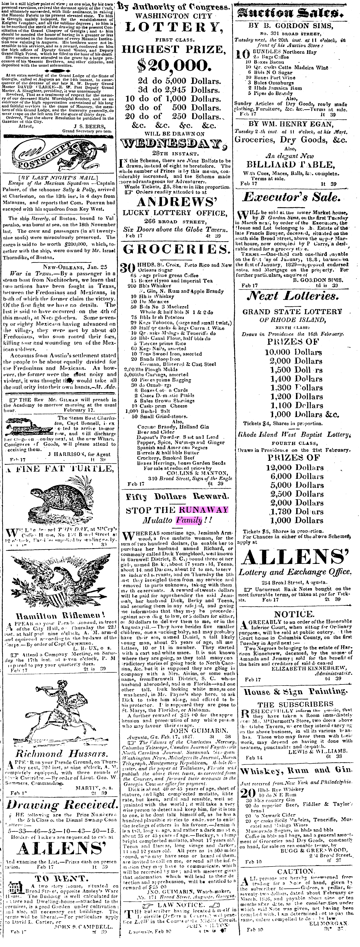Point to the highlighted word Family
189,520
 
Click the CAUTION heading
296,872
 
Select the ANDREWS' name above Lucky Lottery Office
176,202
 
